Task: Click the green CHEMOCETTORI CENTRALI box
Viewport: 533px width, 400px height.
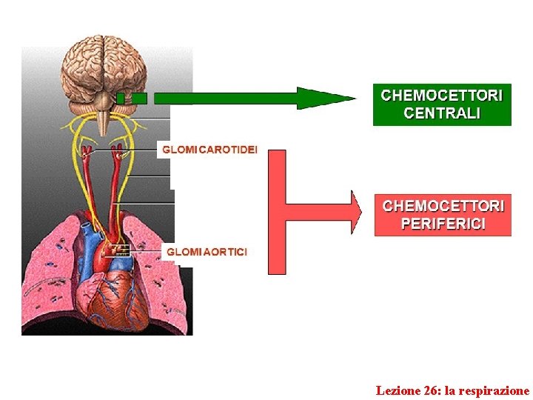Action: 442,104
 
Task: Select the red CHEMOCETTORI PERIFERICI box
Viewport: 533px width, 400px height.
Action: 443,215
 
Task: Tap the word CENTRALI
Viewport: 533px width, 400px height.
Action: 442,113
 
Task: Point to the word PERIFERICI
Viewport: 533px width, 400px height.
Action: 443,224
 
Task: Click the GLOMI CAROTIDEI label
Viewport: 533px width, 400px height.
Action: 209,150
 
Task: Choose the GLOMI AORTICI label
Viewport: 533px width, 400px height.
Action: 207,252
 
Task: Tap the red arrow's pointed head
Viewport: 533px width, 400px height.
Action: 356,213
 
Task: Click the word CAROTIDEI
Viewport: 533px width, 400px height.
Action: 228,150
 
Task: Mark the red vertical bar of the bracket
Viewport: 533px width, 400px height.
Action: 277,212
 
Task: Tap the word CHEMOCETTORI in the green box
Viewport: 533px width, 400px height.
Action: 442,96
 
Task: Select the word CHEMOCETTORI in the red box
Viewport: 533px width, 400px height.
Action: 443,206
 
